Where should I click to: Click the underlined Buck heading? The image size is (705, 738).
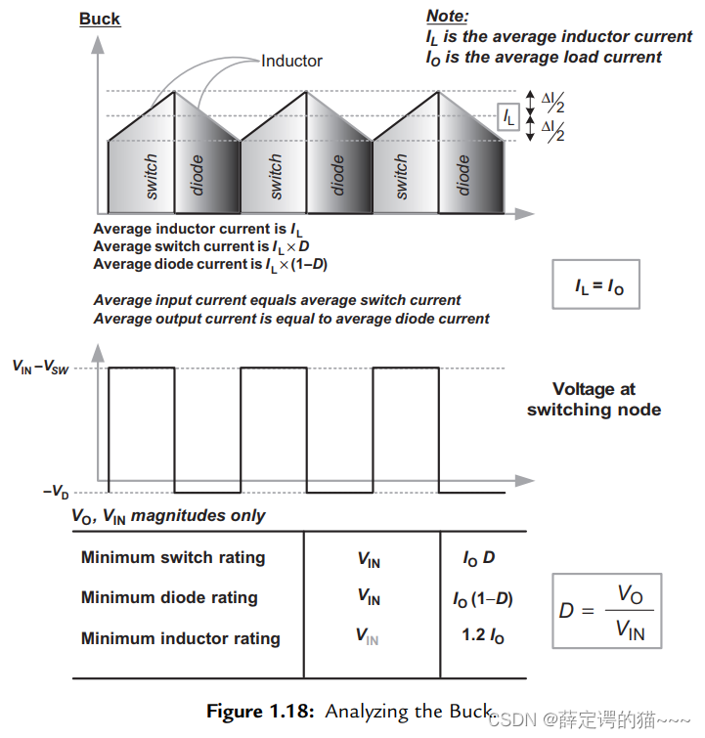click(x=100, y=19)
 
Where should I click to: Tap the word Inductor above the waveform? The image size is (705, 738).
click(x=291, y=61)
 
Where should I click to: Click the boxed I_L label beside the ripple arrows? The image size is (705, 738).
click(x=507, y=117)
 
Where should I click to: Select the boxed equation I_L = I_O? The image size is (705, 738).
click(x=595, y=285)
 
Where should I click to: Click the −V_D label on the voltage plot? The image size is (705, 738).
click(x=55, y=491)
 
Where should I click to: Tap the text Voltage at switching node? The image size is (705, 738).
click(x=594, y=399)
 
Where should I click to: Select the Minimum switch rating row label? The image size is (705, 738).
click(x=173, y=557)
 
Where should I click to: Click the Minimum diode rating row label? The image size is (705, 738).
click(x=169, y=597)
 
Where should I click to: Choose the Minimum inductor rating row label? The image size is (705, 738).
click(x=180, y=638)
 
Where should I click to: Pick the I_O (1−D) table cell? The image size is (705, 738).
click(x=483, y=598)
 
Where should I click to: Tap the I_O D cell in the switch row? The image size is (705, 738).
click(x=479, y=558)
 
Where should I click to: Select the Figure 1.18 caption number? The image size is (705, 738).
click(x=260, y=712)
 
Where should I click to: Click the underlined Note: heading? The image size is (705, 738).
click(x=447, y=16)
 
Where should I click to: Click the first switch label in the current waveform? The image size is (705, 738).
click(x=152, y=176)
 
